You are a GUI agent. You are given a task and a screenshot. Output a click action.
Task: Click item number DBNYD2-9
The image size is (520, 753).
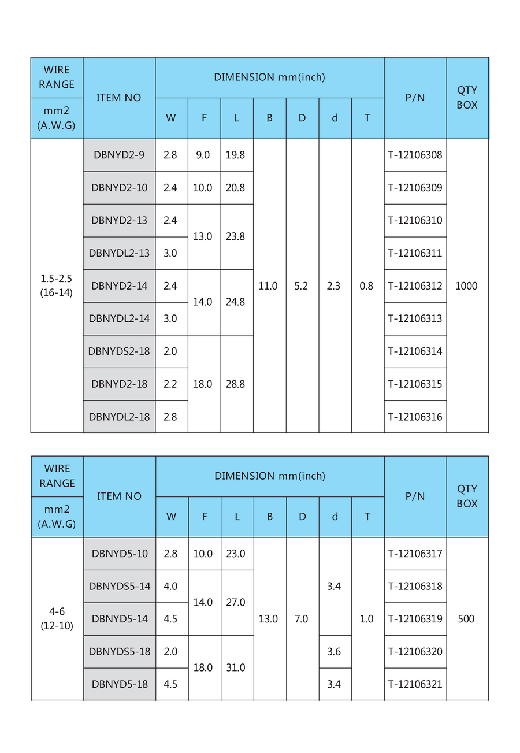[x=119, y=155]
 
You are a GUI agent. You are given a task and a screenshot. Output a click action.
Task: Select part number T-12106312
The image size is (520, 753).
[x=415, y=285]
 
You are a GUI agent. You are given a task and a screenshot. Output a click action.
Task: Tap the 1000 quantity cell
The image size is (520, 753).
[x=466, y=285]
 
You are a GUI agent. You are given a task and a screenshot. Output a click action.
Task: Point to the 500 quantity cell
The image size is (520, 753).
[x=466, y=619]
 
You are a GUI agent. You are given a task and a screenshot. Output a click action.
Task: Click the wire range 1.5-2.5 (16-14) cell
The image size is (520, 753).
[x=57, y=285]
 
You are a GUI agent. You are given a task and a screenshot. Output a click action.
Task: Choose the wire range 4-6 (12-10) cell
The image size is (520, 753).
[x=57, y=618]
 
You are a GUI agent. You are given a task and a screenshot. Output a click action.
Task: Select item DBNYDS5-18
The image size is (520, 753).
[x=119, y=651]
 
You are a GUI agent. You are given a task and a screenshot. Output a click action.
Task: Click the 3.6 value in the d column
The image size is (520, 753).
[x=334, y=651]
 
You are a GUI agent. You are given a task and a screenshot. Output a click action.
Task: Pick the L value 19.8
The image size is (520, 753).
[x=236, y=155]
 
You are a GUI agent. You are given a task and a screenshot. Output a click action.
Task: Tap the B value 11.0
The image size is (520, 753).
[x=268, y=285]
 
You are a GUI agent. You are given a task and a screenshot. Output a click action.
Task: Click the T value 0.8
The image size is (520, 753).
[x=366, y=285]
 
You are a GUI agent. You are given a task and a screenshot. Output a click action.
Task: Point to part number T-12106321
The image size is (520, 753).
[x=415, y=684]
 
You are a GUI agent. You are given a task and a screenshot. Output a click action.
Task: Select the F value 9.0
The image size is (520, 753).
[x=203, y=155]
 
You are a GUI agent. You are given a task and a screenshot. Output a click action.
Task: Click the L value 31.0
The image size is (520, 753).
[x=236, y=667]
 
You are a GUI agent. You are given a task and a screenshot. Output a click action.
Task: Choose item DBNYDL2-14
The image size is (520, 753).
[x=119, y=318]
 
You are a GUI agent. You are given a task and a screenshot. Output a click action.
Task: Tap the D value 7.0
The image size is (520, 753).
[x=301, y=619]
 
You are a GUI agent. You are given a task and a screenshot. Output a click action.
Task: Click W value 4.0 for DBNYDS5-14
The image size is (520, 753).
[x=170, y=586]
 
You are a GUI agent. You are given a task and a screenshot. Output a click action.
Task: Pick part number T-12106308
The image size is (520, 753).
[x=415, y=155]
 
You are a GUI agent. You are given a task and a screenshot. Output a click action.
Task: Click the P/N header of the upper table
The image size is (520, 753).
[x=415, y=98]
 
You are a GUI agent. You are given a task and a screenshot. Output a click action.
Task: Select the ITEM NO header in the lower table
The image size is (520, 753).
[x=119, y=496]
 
